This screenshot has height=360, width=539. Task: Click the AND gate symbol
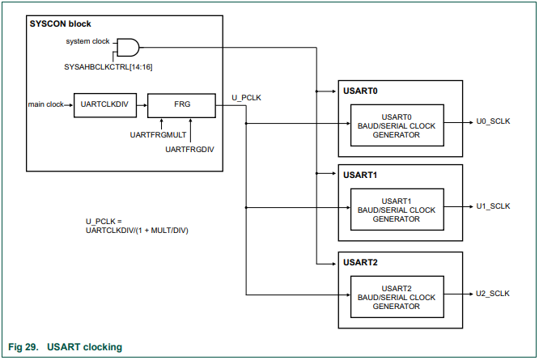point(128,46)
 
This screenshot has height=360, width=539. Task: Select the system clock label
point(88,41)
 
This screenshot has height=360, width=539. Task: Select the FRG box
point(181,104)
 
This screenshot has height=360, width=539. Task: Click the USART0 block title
point(360,91)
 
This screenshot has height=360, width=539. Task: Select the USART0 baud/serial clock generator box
point(397,125)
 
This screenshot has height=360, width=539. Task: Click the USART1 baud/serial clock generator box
point(397,210)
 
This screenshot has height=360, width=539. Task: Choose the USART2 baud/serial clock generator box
point(397,297)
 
